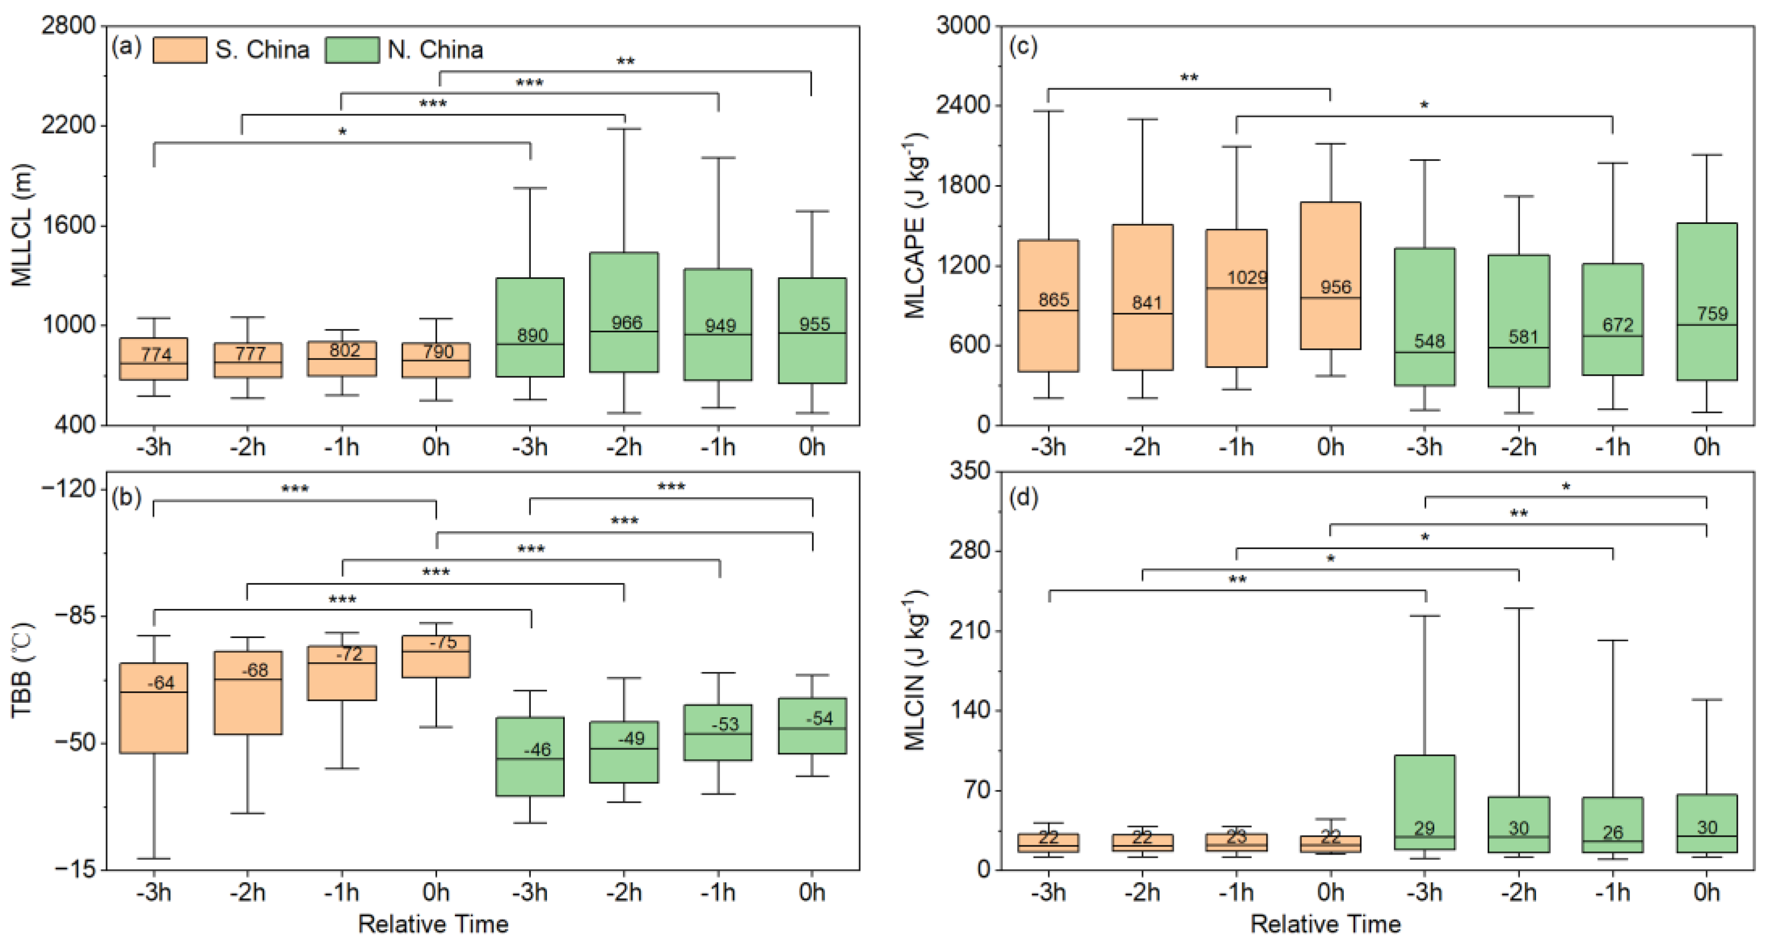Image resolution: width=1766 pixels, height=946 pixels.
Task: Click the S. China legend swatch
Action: click(x=180, y=50)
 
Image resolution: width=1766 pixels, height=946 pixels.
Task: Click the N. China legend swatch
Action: click(x=352, y=50)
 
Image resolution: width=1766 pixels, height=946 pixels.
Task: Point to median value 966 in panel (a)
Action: click(x=627, y=322)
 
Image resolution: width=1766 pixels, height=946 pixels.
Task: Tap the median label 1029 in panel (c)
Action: click(x=1246, y=278)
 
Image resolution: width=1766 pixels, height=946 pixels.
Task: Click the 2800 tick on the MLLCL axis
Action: click(x=68, y=25)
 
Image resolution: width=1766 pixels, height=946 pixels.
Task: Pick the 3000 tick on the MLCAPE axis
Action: click(x=963, y=25)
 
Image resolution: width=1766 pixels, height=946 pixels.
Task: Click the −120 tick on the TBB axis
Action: click(x=68, y=489)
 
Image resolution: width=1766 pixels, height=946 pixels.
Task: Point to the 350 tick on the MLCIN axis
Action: click(x=969, y=471)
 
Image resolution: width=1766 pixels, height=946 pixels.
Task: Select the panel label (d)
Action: click(x=1024, y=496)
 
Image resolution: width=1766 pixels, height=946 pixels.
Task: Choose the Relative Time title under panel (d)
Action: click(x=1324, y=924)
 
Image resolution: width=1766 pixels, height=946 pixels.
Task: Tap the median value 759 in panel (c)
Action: click(x=1712, y=313)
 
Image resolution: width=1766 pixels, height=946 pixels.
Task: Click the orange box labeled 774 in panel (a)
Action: click(x=153, y=359)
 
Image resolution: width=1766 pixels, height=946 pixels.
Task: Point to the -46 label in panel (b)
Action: click(x=537, y=749)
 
